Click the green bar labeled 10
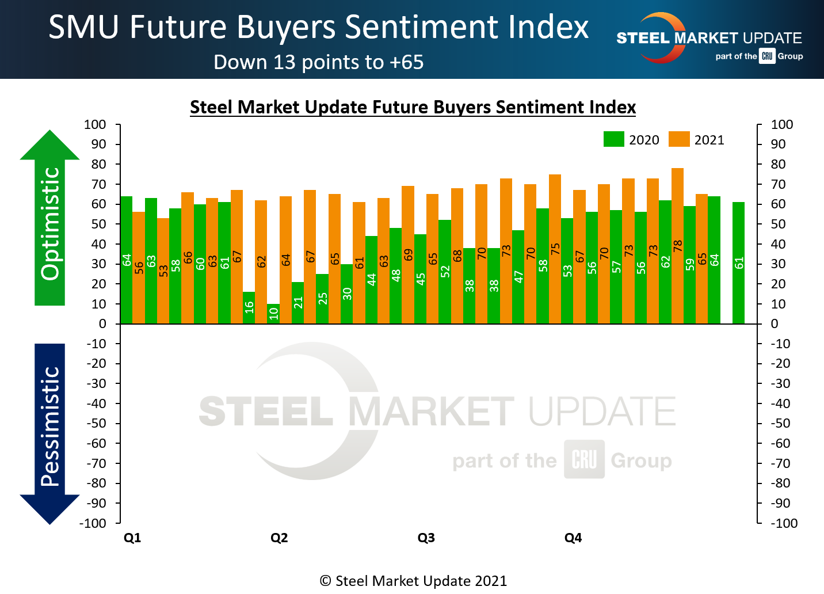point(273,314)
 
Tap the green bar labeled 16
point(249,308)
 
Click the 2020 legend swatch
point(613,140)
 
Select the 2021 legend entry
point(696,140)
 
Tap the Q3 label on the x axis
point(426,538)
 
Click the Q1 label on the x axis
point(132,538)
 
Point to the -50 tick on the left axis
point(97,424)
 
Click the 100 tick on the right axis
point(782,124)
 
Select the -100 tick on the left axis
point(93,523)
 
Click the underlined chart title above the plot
point(413,107)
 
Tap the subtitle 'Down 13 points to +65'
point(318,62)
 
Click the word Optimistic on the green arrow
point(50,223)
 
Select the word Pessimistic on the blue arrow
point(50,427)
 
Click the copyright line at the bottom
point(413,581)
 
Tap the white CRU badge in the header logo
point(767,56)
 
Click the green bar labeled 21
point(297,303)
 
